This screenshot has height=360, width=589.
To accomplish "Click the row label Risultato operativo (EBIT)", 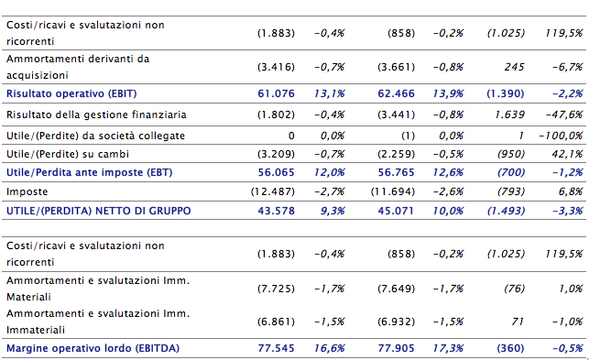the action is click(x=71, y=93).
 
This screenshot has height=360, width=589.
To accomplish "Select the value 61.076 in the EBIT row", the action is click(x=276, y=93).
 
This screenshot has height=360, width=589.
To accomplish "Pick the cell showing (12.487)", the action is click(x=273, y=191).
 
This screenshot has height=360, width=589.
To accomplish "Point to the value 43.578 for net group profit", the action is click(x=276, y=211).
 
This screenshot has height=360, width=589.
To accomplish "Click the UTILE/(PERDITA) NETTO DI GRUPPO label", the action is click(x=98, y=211).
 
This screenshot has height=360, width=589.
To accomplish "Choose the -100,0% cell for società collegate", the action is click(x=561, y=136).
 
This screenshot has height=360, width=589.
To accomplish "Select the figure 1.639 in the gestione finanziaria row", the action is click(x=509, y=115).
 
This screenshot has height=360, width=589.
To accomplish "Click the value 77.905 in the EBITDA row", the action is click(x=397, y=348).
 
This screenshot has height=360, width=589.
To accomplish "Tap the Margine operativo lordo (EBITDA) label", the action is click(x=93, y=348).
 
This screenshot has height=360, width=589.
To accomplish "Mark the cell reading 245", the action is click(x=514, y=67).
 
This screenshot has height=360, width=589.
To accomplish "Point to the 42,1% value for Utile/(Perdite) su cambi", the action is click(x=567, y=154).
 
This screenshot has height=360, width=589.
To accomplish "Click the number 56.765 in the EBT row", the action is click(x=397, y=172).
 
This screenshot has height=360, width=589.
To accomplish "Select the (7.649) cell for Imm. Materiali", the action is click(x=397, y=289).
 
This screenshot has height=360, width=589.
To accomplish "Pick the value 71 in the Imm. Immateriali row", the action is click(x=518, y=322).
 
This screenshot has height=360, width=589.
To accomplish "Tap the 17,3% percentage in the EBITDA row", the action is click(x=448, y=348).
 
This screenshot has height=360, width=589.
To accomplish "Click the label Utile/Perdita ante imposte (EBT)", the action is click(x=90, y=172).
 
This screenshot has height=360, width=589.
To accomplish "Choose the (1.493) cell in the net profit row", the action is click(x=506, y=211).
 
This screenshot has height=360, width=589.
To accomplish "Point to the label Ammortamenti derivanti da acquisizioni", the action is click(x=78, y=67).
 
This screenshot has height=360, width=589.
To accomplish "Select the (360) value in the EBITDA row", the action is click(x=510, y=348).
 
